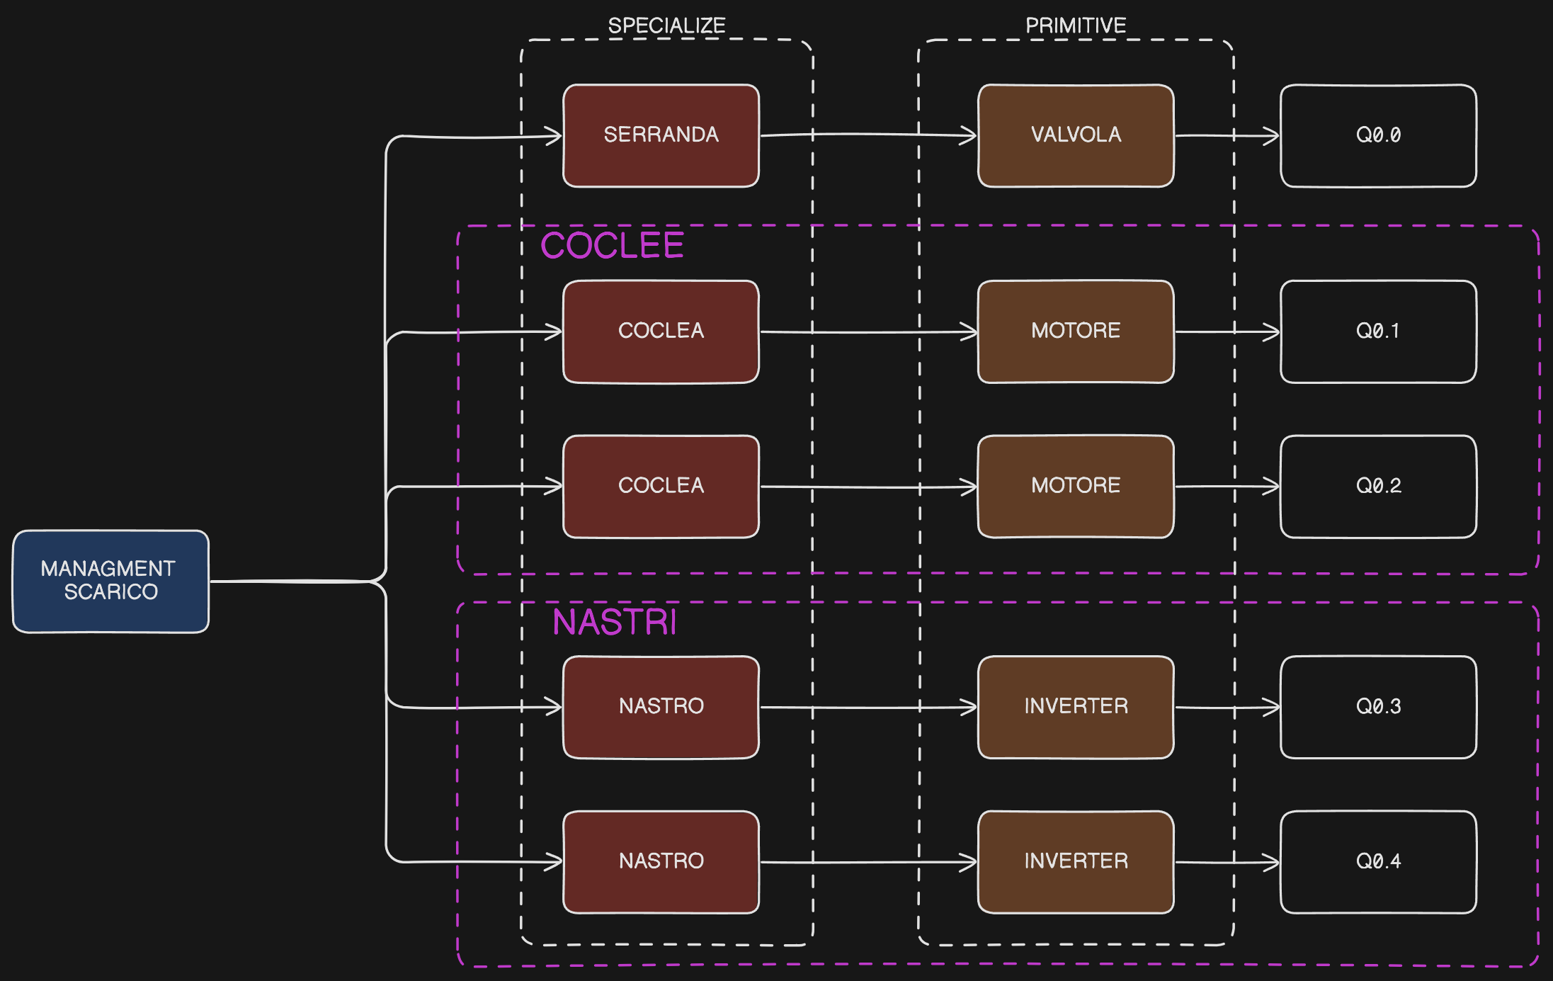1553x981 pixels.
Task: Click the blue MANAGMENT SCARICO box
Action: point(110,581)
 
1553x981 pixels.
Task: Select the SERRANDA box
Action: point(661,135)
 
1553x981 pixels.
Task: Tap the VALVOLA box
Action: point(1075,135)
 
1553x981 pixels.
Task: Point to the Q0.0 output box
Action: point(1377,135)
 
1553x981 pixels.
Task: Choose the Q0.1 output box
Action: point(1377,331)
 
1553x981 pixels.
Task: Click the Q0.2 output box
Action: point(1377,486)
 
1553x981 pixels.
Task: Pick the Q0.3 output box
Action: point(1377,707)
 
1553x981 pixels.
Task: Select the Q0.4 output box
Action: point(1377,861)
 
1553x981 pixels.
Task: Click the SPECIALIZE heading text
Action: point(666,26)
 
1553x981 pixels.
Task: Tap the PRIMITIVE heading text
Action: point(1075,26)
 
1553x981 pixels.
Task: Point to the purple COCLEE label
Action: point(612,246)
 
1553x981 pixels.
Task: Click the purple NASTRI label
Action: point(614,623)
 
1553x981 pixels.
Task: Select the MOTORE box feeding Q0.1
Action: point(1075,331)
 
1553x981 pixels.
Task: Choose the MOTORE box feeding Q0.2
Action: point(1075,486)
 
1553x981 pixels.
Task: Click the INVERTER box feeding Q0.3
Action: point(1075,707)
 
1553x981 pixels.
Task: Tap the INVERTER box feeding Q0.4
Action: point(1075,861)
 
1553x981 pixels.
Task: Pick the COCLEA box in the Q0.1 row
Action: point(661,331)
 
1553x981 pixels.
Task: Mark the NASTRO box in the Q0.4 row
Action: point(661,861)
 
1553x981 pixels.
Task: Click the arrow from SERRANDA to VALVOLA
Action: point(867,134)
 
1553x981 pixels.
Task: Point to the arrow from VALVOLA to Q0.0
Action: point(1227,135)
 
